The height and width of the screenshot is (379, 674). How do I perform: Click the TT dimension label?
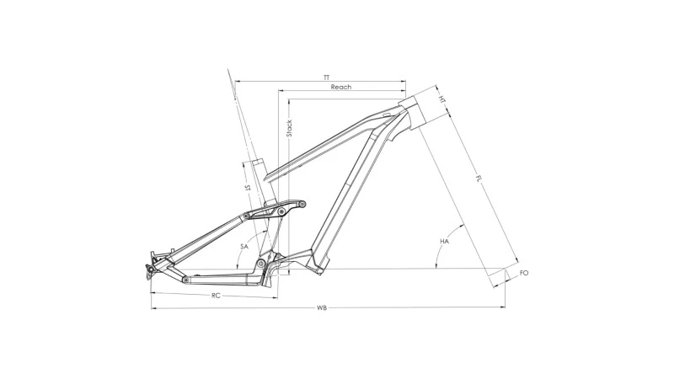tap(327, 77)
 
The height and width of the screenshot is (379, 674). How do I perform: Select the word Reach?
tap(341, 87)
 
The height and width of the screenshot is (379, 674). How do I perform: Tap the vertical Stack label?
tap(289, 128)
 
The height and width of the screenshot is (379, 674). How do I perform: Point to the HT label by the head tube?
tap(441, 99)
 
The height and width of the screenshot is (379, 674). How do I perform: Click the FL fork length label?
tap(479, 178)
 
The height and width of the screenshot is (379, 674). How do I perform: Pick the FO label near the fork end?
tap(524, 273)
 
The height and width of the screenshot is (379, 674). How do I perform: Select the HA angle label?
tap(445, 242)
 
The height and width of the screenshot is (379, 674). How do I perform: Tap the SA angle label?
tap(244, 247)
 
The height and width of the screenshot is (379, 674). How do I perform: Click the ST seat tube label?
tap(247, 188)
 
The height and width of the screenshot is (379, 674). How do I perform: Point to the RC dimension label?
tap(216, 296)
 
